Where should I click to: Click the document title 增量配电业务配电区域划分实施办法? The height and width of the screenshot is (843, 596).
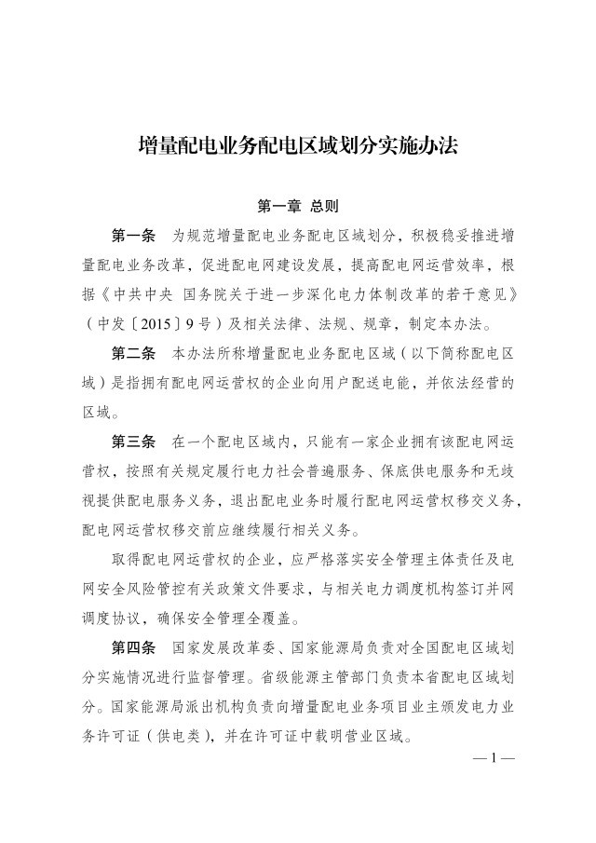click(x=298, y=146)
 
